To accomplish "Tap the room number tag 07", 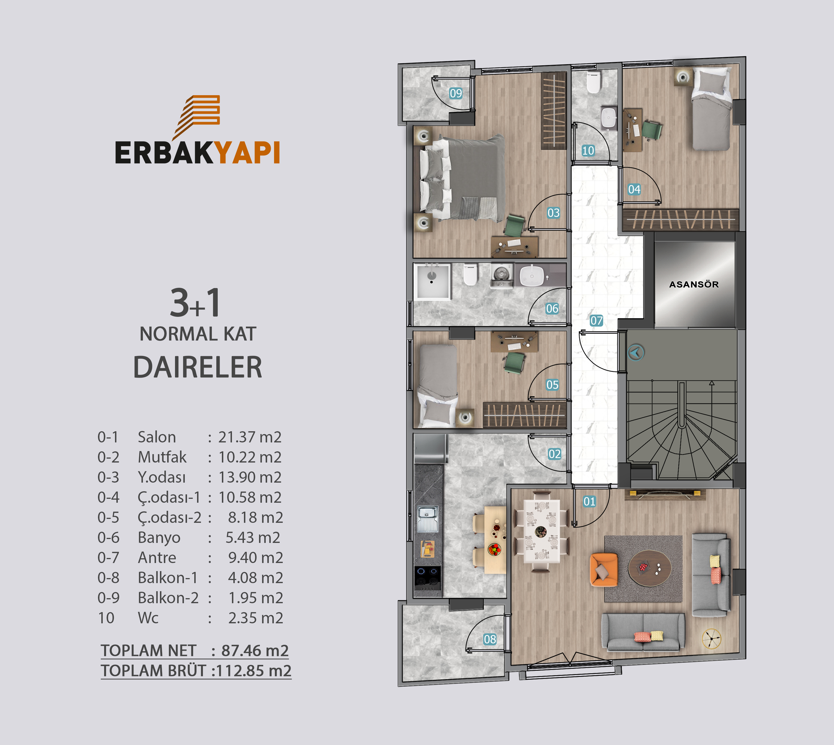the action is (596, 320).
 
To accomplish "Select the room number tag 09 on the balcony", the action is (456, 93).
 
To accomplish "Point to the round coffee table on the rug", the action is (650, 568).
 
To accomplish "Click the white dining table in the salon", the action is (542, 531).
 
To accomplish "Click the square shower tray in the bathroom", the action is (433, 282).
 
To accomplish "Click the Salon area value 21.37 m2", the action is (250, 437).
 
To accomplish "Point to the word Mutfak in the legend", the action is (162, 457).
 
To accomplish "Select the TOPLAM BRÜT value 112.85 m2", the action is (254, 670).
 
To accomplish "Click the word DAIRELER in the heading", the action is (198, 367).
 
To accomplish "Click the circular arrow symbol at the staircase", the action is (636, 352).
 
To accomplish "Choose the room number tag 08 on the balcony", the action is (490, 639).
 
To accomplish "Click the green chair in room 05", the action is (514, 362).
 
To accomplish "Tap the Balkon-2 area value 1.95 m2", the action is (256, 598).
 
